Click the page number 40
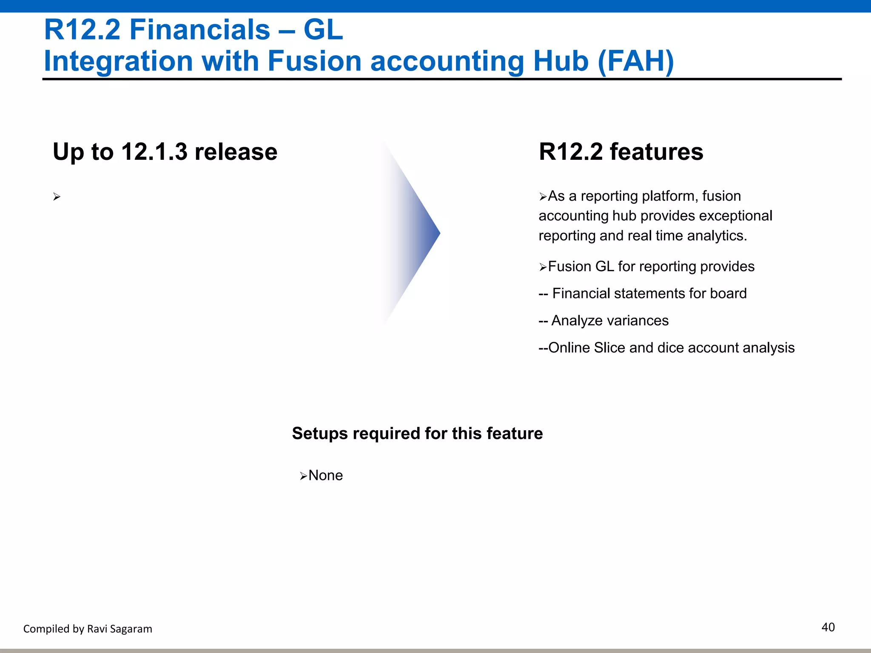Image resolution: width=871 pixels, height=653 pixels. click(828, 627)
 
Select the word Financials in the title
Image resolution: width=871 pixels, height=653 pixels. click(199, 30)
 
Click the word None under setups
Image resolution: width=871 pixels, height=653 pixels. click(325, 475)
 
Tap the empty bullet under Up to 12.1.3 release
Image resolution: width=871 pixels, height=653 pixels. click(57, 197)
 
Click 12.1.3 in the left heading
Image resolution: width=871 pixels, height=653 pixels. click(154, 152)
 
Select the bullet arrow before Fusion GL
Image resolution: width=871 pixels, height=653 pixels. click(543, 267)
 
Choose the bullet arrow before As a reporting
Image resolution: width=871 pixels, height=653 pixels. click(543, 197)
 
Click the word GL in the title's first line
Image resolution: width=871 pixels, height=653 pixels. click(323, 30)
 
